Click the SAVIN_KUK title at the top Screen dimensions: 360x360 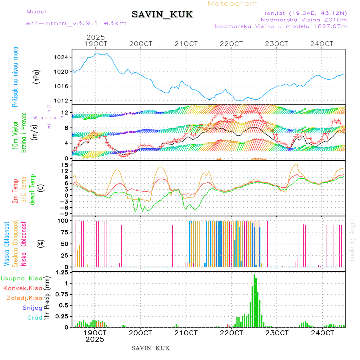click(162, 15)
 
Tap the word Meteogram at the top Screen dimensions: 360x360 click(233, 4)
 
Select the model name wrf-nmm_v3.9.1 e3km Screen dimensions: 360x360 click(76, 23)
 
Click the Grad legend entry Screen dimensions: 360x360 click(34, 318)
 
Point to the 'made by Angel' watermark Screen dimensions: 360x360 click(352, 240)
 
